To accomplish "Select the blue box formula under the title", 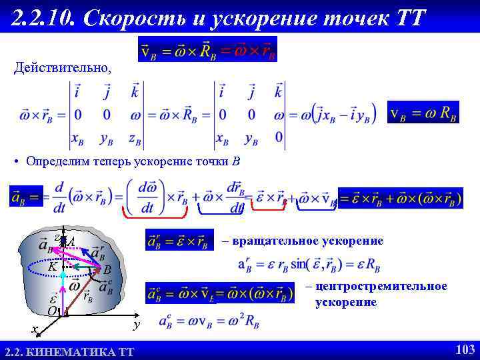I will (207, 49).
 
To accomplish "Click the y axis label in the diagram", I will (135, 324).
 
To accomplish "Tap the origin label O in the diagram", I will (51, 311).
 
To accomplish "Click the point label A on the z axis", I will (71, 242).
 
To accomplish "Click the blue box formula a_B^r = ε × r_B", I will (179, 241).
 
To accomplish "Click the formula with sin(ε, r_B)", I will (309, 265).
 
